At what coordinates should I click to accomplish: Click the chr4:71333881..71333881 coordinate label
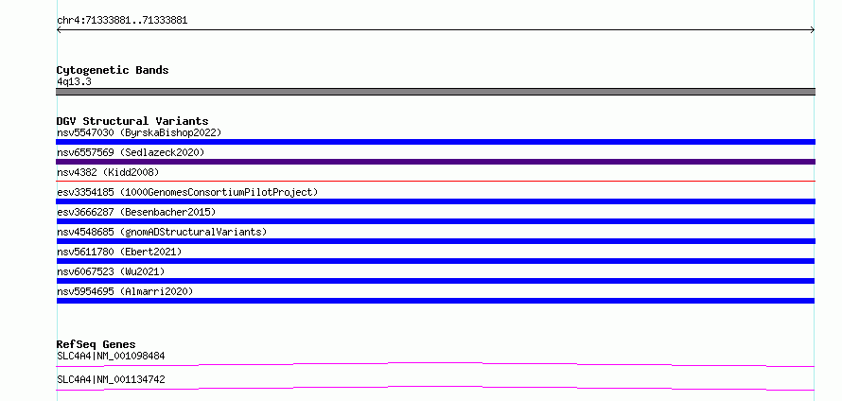(122, 21)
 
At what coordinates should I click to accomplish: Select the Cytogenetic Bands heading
(113, 70)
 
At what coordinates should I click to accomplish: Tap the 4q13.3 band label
(74, 81)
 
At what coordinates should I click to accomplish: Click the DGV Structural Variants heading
(132, 121)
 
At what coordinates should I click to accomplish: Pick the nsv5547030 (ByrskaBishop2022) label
(139, 132)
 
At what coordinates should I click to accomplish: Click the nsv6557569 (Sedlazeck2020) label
(131, 152)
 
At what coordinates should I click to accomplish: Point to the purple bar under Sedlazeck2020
(435, 162)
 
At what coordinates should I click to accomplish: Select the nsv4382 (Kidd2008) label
(108, 172)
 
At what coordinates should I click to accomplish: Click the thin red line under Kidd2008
(435, 182)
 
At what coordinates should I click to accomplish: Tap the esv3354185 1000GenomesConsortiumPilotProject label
(187, 192)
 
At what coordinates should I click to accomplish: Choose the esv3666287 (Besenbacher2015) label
(136, 212)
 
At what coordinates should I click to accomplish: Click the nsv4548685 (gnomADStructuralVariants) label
(162, 232)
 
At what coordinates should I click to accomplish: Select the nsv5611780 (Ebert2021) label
(119, 252)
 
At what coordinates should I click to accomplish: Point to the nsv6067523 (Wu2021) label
(111, 271)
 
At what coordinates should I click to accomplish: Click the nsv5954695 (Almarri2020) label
(125, 291)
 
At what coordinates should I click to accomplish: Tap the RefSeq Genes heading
(96, 344)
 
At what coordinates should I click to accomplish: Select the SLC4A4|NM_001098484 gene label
(111, 356)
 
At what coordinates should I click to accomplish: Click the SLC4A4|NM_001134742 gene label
(111, 379)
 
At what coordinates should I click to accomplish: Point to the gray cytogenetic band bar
(435, 92)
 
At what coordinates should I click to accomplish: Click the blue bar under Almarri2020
(435, 301)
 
